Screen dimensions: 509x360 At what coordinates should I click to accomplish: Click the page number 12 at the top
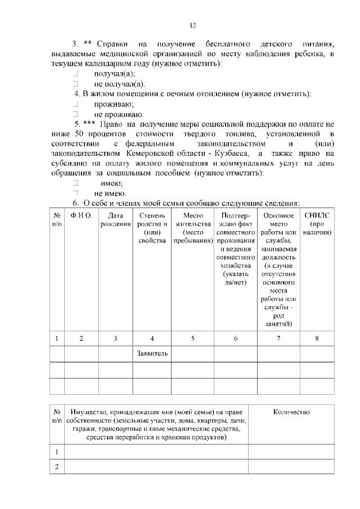pyautogui.click(x=192, y=25)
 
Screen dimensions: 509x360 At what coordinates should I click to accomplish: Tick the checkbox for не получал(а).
pyautogui.click(x=74, y=84)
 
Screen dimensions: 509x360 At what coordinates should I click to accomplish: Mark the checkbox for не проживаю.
pyautogui.click(x=74, y=114)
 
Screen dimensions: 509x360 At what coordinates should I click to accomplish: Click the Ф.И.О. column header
pyautogui.click(x=81, y=216)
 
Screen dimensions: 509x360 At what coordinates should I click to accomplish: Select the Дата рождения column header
pyautogui.click(x=115, y=220)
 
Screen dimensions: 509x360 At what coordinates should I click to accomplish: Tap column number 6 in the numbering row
pyautogui.click(x=235, y=338)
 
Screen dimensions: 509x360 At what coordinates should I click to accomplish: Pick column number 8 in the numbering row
pyautogui.click(x=317, y=338)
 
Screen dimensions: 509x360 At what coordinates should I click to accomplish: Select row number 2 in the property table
pyautogui.click(x=57, y=467)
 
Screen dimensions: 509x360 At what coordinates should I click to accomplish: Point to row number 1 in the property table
pyautogui.click(x=57, y=452)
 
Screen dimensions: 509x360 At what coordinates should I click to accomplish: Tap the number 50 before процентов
pyautogui.click(x=79, y=133)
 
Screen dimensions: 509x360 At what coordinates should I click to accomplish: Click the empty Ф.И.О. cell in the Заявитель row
pyautogui.click(x=81, y=354)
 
